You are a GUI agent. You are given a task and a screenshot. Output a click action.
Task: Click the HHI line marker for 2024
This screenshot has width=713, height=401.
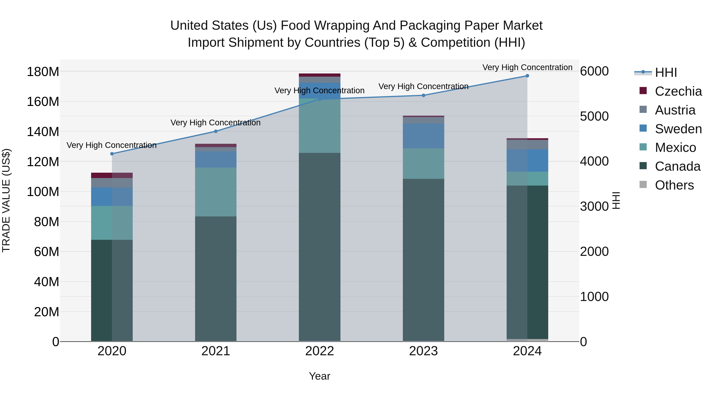point(527,76)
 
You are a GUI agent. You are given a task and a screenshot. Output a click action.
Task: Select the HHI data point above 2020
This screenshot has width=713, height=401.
point(112,154)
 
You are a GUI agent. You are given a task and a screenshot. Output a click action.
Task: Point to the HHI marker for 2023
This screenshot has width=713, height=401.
point(423,95)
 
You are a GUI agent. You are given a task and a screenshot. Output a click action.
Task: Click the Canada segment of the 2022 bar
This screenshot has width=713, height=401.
point(319,246)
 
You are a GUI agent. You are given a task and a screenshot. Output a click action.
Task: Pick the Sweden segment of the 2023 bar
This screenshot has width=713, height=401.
point(423,136)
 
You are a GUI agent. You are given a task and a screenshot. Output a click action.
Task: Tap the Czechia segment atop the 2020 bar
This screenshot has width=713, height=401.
point(112,175)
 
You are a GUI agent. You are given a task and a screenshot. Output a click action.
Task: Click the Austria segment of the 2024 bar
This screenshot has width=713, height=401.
point(527,145)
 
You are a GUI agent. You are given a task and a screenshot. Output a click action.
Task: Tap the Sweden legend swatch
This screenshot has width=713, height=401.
point(643,128)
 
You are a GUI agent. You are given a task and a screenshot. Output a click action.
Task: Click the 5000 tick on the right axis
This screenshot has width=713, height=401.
point(594,116)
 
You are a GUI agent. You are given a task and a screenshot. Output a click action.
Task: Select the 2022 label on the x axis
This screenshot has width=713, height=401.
point(319,351)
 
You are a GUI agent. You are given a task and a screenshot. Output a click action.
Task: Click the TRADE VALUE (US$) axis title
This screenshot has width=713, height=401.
point(6,200)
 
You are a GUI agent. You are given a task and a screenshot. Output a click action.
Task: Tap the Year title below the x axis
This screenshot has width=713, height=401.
point(319,376)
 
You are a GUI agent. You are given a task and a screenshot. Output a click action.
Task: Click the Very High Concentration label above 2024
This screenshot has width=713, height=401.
point(527,67)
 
